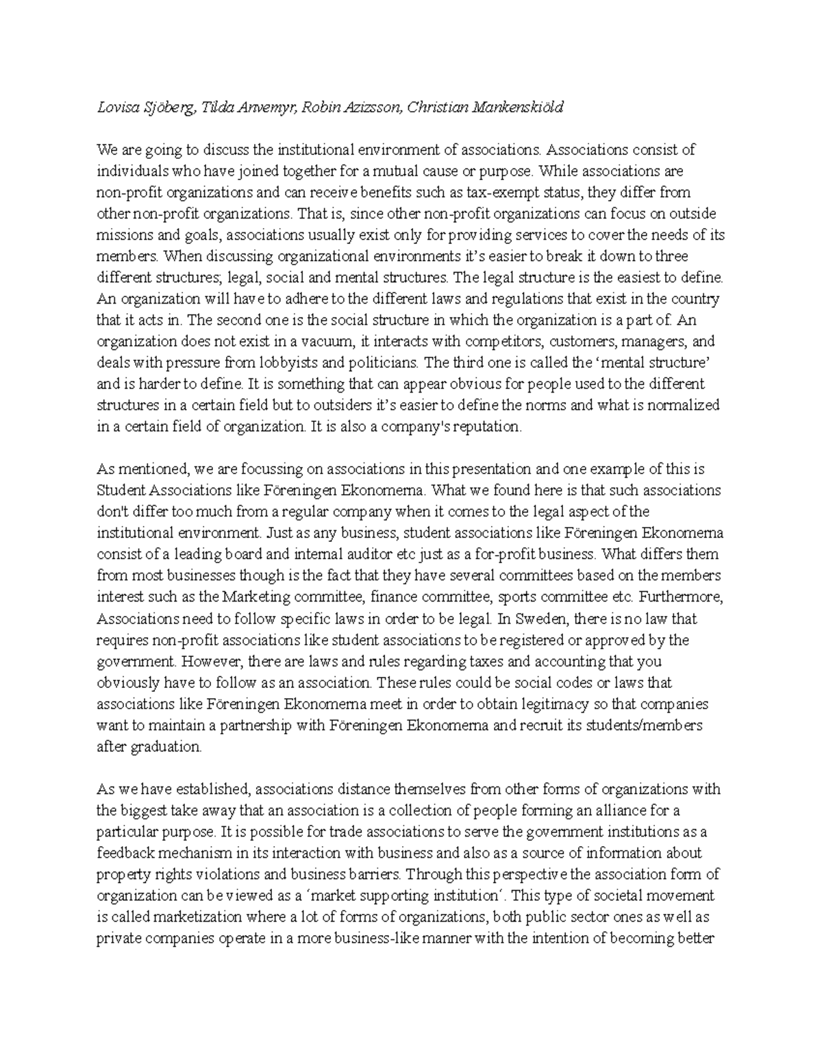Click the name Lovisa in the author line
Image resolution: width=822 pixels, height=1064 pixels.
117,108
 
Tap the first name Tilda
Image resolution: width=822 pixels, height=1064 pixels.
219,108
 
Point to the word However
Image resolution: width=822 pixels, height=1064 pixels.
212,662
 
